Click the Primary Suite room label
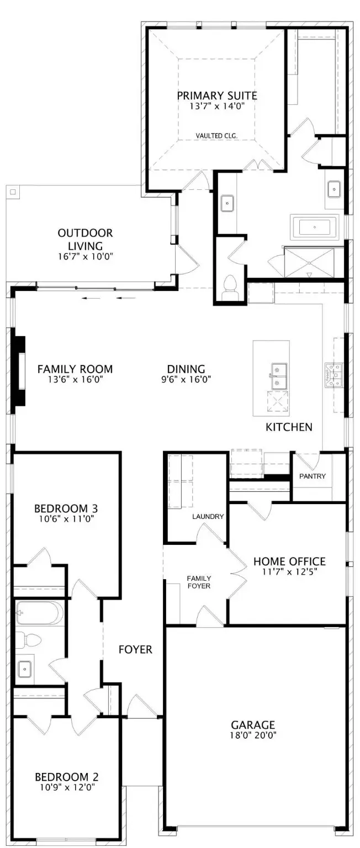click(x=216, y=96)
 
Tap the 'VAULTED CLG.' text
click(x=216, y=135)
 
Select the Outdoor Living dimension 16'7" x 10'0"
click(x=85, y=256)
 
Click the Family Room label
click(x=75, y=369)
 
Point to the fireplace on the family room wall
click(x=20, y=370)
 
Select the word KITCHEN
click(x=289, y=427)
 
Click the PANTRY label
click(x=313, y=476)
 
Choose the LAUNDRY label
click(x=208, y=517)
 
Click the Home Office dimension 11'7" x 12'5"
click(x=289, y=572)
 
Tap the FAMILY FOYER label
click(x=198, y=582)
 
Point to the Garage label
click(x=253, y=724)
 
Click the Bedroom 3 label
click(x=66, y=508)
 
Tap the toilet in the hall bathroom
click(x=30, y=640)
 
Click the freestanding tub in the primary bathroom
click(x=314, y=227)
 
